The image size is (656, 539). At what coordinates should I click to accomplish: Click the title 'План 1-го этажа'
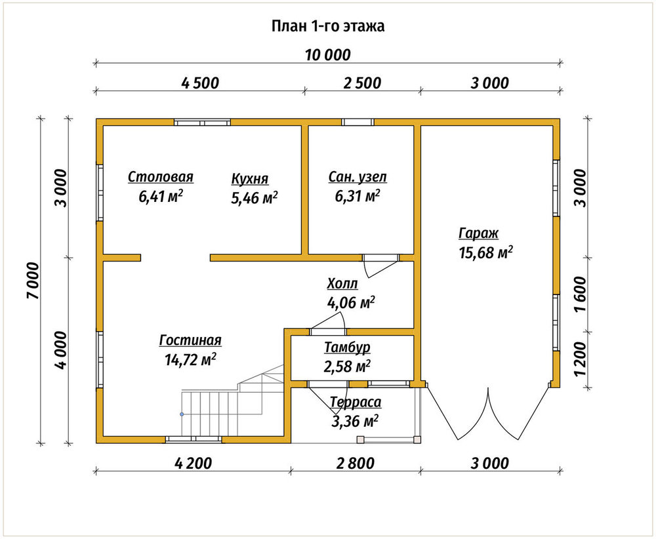point(328,26)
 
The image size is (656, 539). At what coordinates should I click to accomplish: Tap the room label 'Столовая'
point(161,177)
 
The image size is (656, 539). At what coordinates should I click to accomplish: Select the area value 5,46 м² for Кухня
point(255,197)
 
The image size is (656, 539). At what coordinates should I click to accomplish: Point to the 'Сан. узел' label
point(358,177)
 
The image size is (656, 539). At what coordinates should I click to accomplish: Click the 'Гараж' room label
point(479,233)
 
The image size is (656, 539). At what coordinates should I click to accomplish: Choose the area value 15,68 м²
point(485,252)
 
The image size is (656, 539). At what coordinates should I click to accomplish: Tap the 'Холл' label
point(342,283)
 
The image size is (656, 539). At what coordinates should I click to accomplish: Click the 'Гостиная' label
point(190,340)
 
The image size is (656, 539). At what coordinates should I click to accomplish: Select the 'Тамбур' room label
point(347,348)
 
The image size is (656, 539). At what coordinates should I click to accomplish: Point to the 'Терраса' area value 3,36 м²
point(355,421)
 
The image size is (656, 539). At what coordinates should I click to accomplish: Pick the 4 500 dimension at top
point(200,83)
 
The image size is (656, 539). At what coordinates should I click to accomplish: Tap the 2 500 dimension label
point(362,83)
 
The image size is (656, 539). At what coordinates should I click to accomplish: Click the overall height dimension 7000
point(32,281)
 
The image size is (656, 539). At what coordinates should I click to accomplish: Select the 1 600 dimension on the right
point(581,294)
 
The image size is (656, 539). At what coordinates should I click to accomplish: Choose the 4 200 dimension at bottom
point(193,464)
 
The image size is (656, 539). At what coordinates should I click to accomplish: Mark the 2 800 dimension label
point(355,464)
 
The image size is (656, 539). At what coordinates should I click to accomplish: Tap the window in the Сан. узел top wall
point(358,122)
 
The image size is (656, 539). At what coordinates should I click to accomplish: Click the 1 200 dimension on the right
point(581,359)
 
